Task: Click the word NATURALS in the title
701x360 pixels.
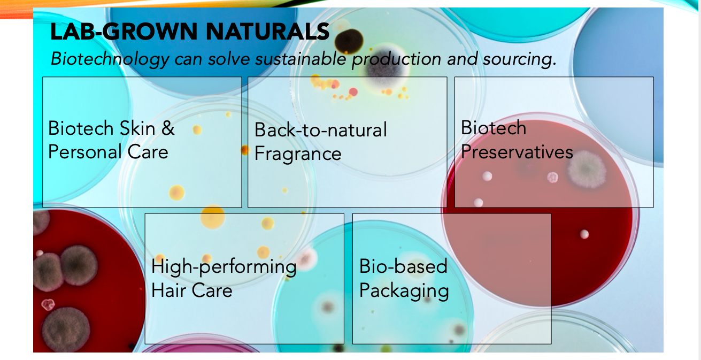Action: click(267, 32)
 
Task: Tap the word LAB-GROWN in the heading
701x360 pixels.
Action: click(124, 32)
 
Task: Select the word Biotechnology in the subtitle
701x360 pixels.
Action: click(110, 59)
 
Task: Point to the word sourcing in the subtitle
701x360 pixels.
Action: click(519, 59)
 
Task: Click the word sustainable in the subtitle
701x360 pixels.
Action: click(301, 58)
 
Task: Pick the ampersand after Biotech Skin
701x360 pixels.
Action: click(168, 128)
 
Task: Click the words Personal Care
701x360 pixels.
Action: click(109, 152)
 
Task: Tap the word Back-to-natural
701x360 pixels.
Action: click(321, 129)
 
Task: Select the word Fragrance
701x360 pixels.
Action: click(298, 154)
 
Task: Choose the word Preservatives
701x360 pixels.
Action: click(517, 152)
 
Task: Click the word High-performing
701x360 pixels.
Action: click(224, 267)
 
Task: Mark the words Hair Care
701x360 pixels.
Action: click(192, 290)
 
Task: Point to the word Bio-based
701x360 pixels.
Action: click(403, 266)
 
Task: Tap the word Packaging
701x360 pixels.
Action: click(404, 291)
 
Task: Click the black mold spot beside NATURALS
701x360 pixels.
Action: click(349, 41)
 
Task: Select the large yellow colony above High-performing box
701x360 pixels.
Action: click(213, 217)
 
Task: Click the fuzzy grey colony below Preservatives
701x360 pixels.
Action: click(587, 170)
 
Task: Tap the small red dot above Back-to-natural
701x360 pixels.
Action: click(353, 91)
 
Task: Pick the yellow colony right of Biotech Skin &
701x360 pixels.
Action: click(197, 129)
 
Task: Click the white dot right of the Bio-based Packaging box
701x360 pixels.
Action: click(584, 234)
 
